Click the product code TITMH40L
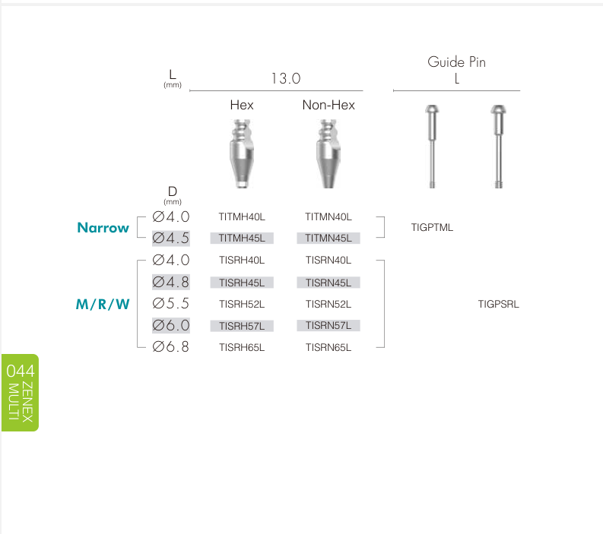(242, 216)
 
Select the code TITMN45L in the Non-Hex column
(328, 239)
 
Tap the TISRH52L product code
(242, 305)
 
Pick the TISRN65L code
(328, 348)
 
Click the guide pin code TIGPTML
(432, 227)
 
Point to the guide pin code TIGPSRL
(498, 305)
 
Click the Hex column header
(242, 105)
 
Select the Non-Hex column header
(328, 105)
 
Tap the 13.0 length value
(286, 79)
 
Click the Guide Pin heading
(456, 62)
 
